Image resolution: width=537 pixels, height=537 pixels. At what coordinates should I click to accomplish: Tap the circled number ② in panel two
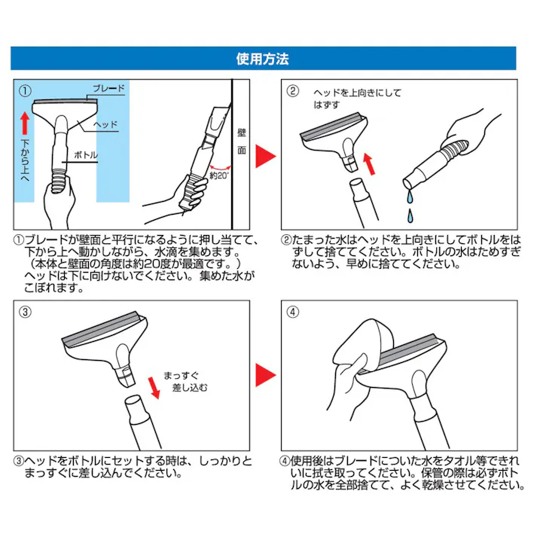pos(294,91)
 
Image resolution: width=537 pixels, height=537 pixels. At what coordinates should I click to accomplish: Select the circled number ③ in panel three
pos(25,311)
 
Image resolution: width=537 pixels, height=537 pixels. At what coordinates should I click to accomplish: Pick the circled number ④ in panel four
pos(294,311)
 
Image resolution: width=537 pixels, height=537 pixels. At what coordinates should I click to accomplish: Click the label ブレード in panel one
pos(109,89)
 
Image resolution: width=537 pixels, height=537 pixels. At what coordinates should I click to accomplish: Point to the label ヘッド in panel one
pos(105,124)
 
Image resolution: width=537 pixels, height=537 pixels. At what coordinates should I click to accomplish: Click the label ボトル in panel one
pos(85,155)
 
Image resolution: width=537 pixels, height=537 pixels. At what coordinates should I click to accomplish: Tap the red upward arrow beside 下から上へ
pos(25,121)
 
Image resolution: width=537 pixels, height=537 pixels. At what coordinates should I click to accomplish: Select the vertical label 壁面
pos(241,139)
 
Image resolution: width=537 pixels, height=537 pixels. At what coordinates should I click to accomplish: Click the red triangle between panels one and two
pos(264,156)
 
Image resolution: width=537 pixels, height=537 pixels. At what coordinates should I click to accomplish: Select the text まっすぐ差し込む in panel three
pos(180,380)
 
